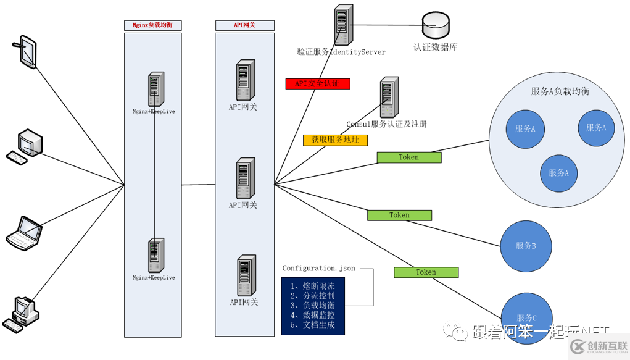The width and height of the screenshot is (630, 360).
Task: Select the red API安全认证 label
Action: pos(318,83)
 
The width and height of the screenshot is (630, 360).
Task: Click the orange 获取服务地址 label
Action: pos(335,140)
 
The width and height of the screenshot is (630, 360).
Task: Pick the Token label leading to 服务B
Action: pos(399,215)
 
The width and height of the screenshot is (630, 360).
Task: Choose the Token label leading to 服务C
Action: pos(426,272)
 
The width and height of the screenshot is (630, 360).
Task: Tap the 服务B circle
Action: pos(525,246)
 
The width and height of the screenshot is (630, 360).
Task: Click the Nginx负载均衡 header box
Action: pos(152,25)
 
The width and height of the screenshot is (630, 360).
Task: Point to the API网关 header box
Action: pos(244,25)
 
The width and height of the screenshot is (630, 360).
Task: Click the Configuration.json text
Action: pos(318,269)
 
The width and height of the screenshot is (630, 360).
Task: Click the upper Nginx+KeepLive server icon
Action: pos(154,90)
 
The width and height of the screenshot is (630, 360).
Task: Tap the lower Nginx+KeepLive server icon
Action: pos(154,256)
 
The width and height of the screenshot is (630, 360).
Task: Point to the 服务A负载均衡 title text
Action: pos(560,91)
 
